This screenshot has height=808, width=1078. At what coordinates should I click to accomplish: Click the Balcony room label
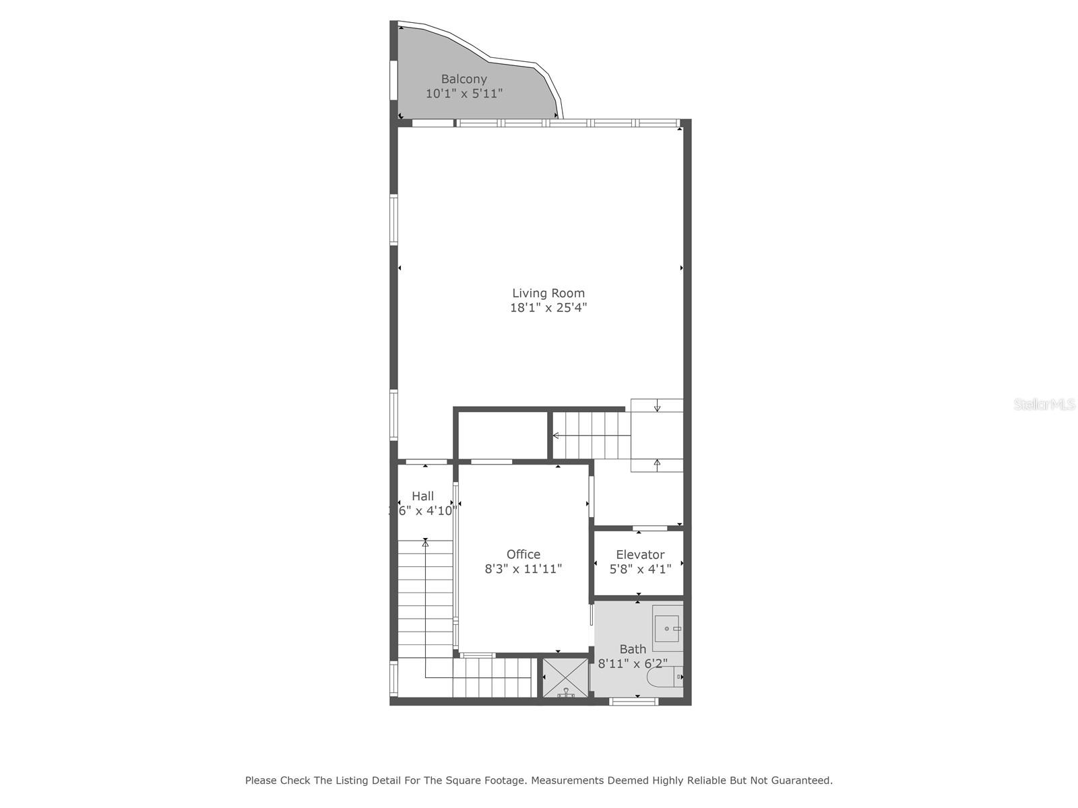coord(464,79)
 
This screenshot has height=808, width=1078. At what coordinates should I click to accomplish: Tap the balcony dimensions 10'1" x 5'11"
coord(464,94)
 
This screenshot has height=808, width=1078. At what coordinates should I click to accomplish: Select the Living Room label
coord(548,293)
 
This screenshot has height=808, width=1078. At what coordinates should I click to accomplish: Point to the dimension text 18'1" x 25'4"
coord(548,308)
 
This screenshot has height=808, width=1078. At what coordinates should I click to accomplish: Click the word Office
coord(523,554)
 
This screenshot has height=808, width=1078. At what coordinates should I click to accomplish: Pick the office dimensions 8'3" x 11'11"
coord(523,569)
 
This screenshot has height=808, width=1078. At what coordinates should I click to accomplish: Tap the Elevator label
coord(639,554)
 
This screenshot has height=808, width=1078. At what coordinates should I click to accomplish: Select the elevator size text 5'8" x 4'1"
coord(639,569)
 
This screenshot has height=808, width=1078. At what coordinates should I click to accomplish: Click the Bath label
coord(632,649)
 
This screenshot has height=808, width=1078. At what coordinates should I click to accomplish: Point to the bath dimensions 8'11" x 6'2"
coord(632,664)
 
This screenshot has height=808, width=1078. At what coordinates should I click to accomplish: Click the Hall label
coord(422,496)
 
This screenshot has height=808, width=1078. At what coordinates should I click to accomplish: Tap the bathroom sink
coord(667,628)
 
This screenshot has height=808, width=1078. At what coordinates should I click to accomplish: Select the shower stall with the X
coord(565,677)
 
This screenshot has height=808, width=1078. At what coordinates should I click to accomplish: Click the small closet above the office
coord(503,436)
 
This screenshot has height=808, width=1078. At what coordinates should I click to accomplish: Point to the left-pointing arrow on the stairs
coord(557,436)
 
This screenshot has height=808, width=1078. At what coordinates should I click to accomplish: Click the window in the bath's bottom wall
coord(633,702)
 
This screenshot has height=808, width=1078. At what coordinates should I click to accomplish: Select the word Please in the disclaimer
coord(261,780)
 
